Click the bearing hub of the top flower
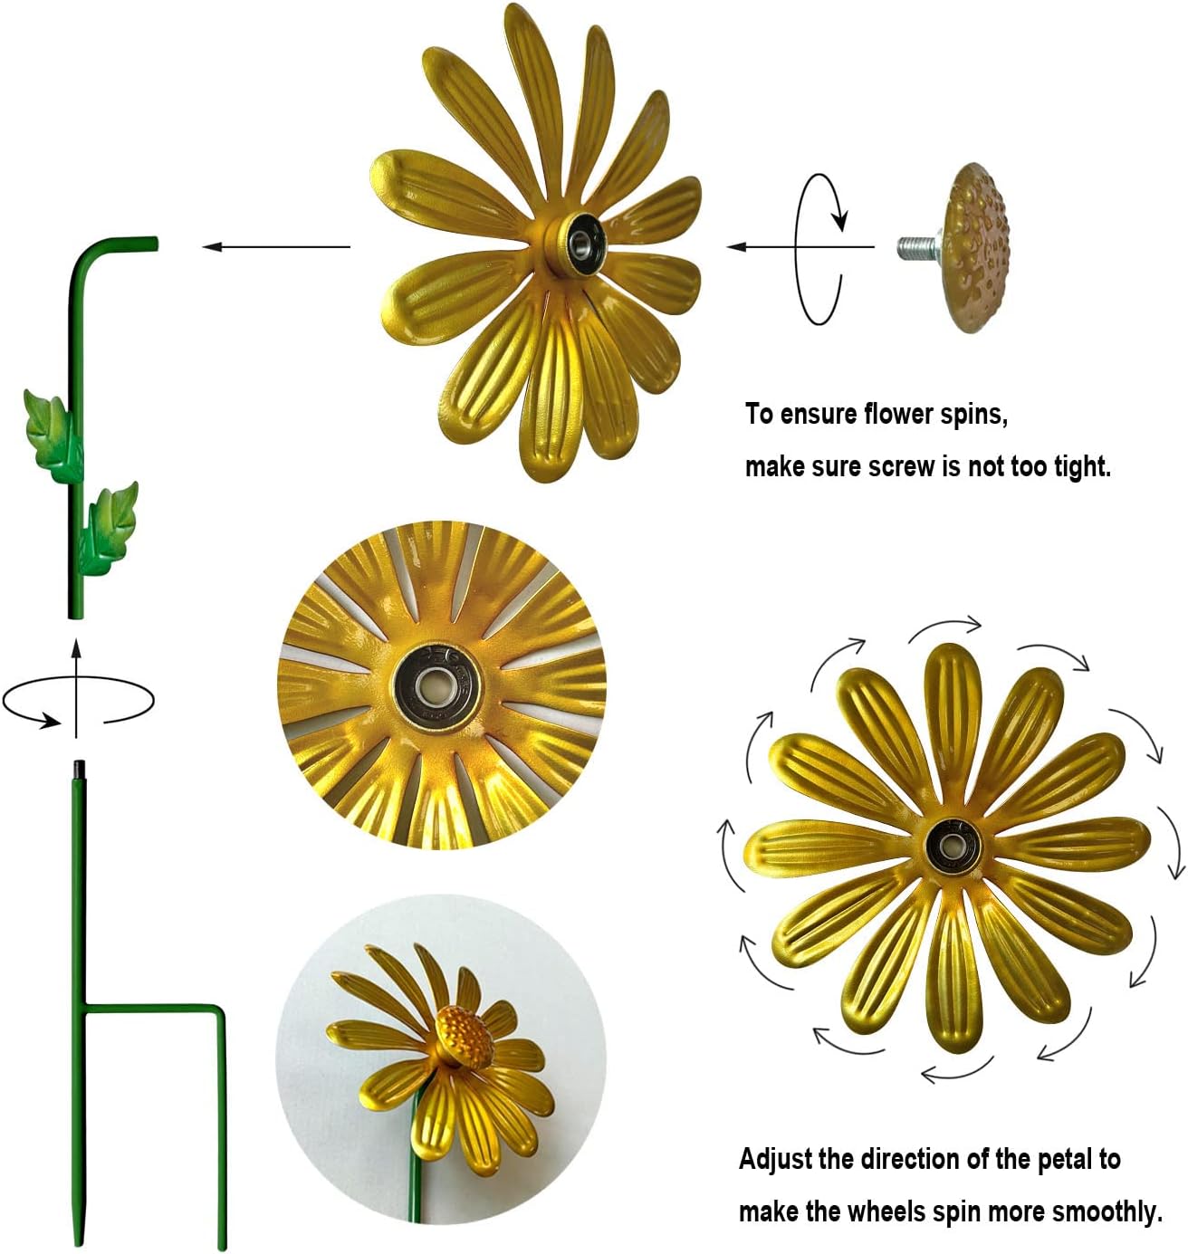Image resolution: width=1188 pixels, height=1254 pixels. pyautogui.click(x=576, y=243)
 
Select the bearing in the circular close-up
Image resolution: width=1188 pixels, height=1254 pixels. pyautogui.click(x=437, y=684)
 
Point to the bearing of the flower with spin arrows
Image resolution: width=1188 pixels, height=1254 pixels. pyautogui.click(x=952, y=847)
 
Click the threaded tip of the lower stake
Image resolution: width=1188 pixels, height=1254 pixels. pyautogui.click(x=77, y=770)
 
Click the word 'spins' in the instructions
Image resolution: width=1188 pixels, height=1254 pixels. pyautogui.click(x=972, y=415)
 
